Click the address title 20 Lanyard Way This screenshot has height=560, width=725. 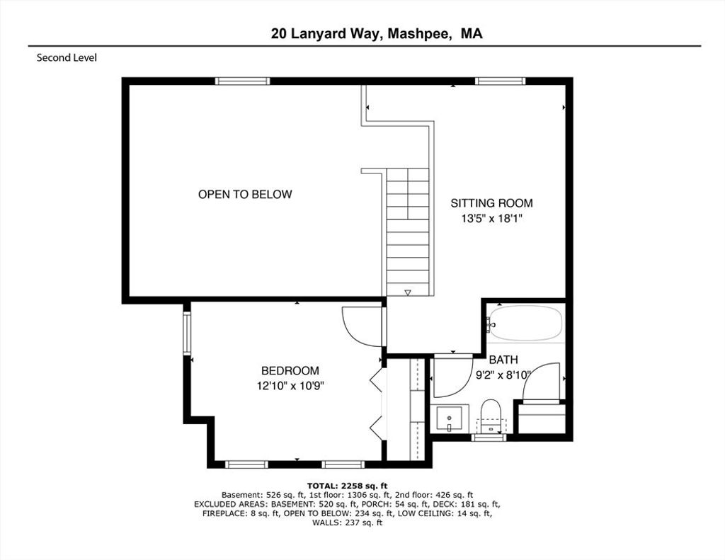pyautogui.click(x=326, y=34)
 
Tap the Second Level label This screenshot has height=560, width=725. pyautogui.click(x=67, y=58)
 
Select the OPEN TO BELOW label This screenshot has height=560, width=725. pyautogui.click(x=245, y=194)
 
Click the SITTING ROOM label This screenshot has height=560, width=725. pyautogui.click(x=491, y=203)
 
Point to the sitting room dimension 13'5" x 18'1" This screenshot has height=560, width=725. pyautogui.click(x=491, y=218)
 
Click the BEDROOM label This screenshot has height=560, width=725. pyautogui.click(x=290, y=371)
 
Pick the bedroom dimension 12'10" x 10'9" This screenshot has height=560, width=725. pyautogui.click(x=290, y=386)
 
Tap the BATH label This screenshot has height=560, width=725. pyautogui.click(x=503, y=360)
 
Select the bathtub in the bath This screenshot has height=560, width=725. pyautogui.click(x=526, y=323)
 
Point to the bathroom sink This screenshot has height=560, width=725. pyautogui.click(x=450, y=418)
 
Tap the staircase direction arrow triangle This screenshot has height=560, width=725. pyautogui.click(x=407, y=292)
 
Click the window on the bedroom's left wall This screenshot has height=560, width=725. pyautogui.click(x=187, y=333)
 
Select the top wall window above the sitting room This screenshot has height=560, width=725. pyautogui.click(x=501, y=81)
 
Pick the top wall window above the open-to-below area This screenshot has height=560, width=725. pyautogui.click(x=242, y=81)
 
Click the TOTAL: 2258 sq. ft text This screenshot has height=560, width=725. pyautogui.click(x=347, y=486)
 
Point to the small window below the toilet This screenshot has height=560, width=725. pyautogui.click(x=489, y=437)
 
